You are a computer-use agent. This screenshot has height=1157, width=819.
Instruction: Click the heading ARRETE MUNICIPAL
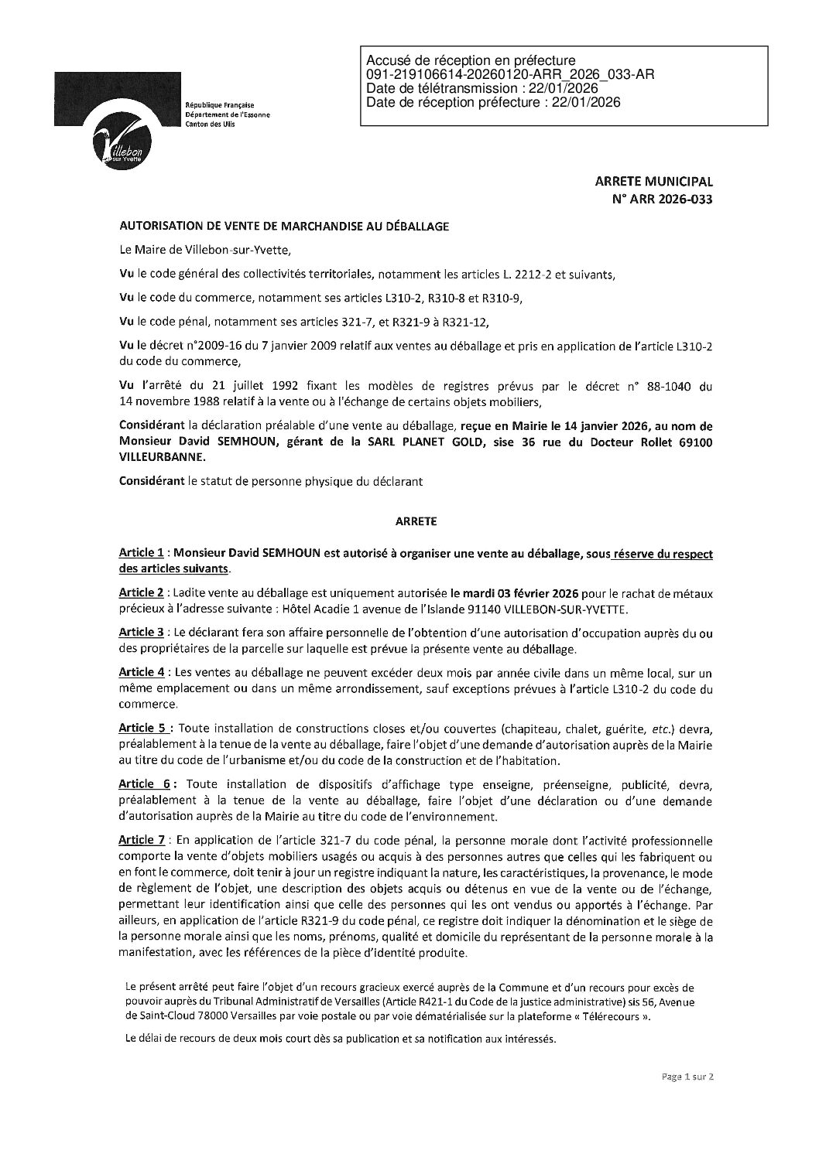pos(653,182)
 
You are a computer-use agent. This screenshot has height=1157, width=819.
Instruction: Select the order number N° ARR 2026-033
pos(663,199)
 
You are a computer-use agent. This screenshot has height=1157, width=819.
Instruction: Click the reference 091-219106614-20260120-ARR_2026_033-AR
pos(510,74)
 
